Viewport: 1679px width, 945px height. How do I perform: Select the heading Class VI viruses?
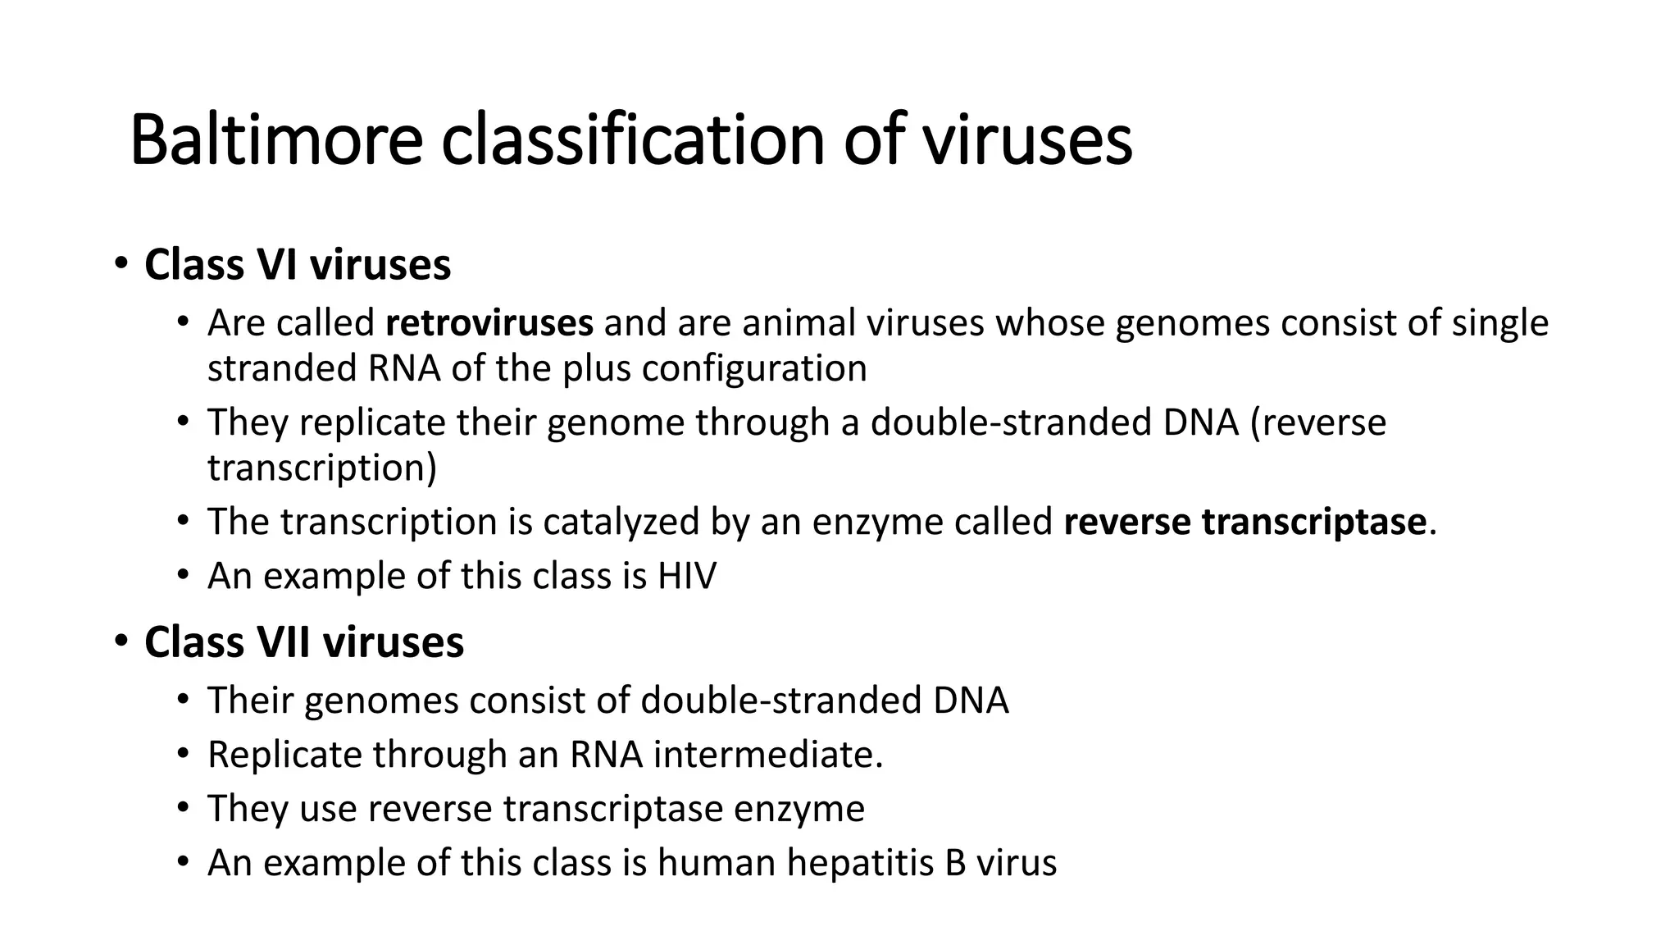[x=297, y=265]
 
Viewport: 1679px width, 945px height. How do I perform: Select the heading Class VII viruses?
[x=303, y=642]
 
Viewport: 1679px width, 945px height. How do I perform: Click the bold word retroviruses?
[x=489, y=323]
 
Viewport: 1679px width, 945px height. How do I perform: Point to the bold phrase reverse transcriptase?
[x=1244, y=522]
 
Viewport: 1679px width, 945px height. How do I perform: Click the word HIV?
[x=686, y=576]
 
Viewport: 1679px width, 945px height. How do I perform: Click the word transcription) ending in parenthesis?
[x=322, y=468]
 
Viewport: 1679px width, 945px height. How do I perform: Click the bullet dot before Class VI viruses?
[x=121, y=265]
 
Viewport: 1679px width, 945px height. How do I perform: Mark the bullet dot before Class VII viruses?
[x=121, y=642]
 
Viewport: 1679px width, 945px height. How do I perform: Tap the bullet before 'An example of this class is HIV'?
[x=183, y=576]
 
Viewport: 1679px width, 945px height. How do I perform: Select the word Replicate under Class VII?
[x=284, y=755]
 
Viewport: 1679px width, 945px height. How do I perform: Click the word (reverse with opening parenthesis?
[x=1317, y=423]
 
